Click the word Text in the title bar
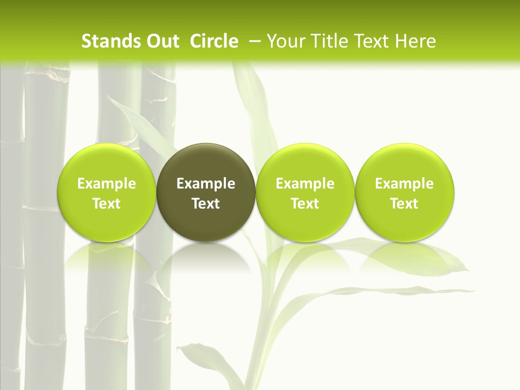pos(374,41)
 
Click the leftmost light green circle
pos(107,162)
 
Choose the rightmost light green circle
pos(405,162)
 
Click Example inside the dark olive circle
pos(206,184)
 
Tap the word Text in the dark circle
pos(206,204)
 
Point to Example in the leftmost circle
pos(107,184)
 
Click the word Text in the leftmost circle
pos(107,204)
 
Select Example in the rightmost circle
pos(405,184)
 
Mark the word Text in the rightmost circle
pos(405,204)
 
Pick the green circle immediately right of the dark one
pos(305,162)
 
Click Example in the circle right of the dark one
pos(305,184)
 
